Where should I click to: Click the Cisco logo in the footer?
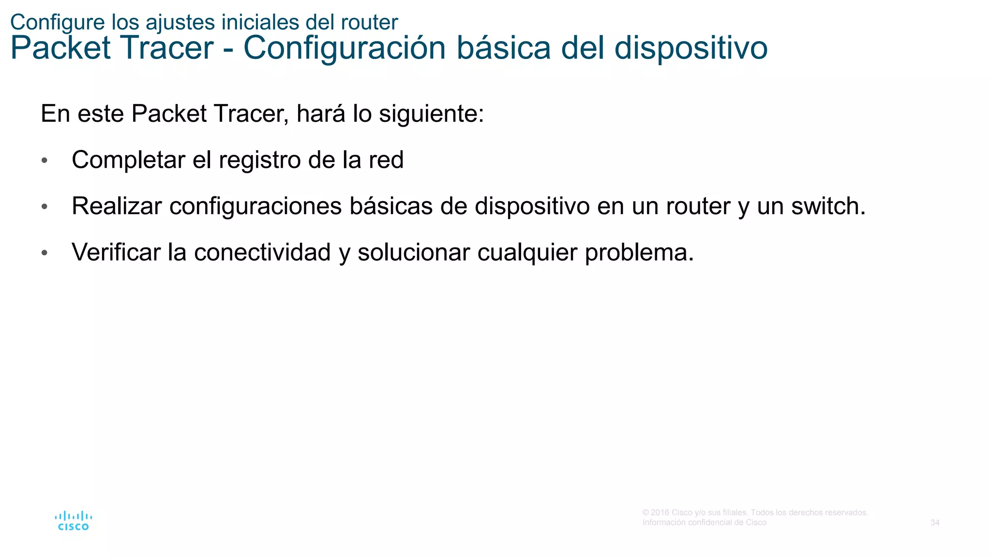tap(73, 521)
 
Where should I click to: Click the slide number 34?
tap(935, 523)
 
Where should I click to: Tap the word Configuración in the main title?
tap(344, 48)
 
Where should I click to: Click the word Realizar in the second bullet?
tap(117, 206)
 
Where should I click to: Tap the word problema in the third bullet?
tap(639, 252)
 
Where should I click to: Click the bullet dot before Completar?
tap(45, 161)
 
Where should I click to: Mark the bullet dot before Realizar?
tap(45, 206)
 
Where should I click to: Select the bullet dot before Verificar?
tap(45, 253)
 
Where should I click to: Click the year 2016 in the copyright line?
tap(660, 513)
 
